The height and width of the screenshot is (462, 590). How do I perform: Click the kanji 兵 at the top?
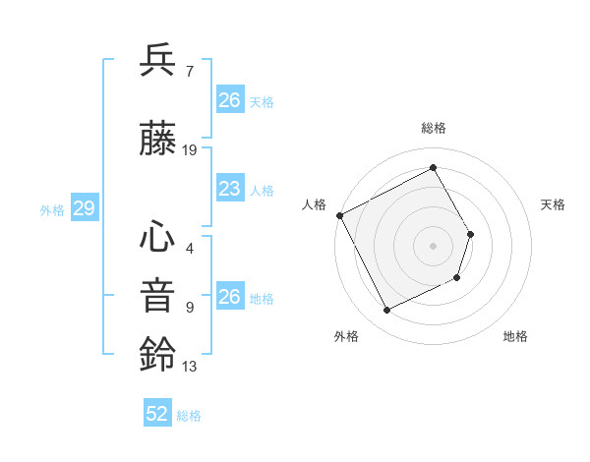coord(157,61)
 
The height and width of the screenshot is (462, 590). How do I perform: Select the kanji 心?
coord(157,236)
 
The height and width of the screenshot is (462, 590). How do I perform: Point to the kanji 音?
coord(157,295)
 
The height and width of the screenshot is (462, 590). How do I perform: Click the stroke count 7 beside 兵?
coord(189,71)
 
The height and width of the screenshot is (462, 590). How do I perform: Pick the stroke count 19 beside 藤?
coord(190,150)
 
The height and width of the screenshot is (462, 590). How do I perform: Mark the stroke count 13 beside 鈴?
coord(190,367)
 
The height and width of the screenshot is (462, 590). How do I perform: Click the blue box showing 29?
coord(84,208)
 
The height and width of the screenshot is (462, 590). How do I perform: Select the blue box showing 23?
coord(229,189)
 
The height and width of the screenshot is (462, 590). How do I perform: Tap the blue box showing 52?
coord(157,414)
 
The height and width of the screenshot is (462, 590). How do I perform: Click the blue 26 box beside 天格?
coord(229,100)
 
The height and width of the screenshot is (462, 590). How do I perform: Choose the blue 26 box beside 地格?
coord(229,297)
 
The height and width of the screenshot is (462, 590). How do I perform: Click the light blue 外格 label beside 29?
coord(52,209)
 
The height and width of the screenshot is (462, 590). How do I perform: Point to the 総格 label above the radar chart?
coord(434,128)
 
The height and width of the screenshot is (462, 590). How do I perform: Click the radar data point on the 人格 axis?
coord(339,215)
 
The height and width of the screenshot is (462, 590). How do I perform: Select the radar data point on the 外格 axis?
coord(386,311)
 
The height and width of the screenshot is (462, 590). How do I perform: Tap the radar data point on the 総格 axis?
coord(434,167)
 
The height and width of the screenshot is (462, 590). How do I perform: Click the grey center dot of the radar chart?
coord(433,245)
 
